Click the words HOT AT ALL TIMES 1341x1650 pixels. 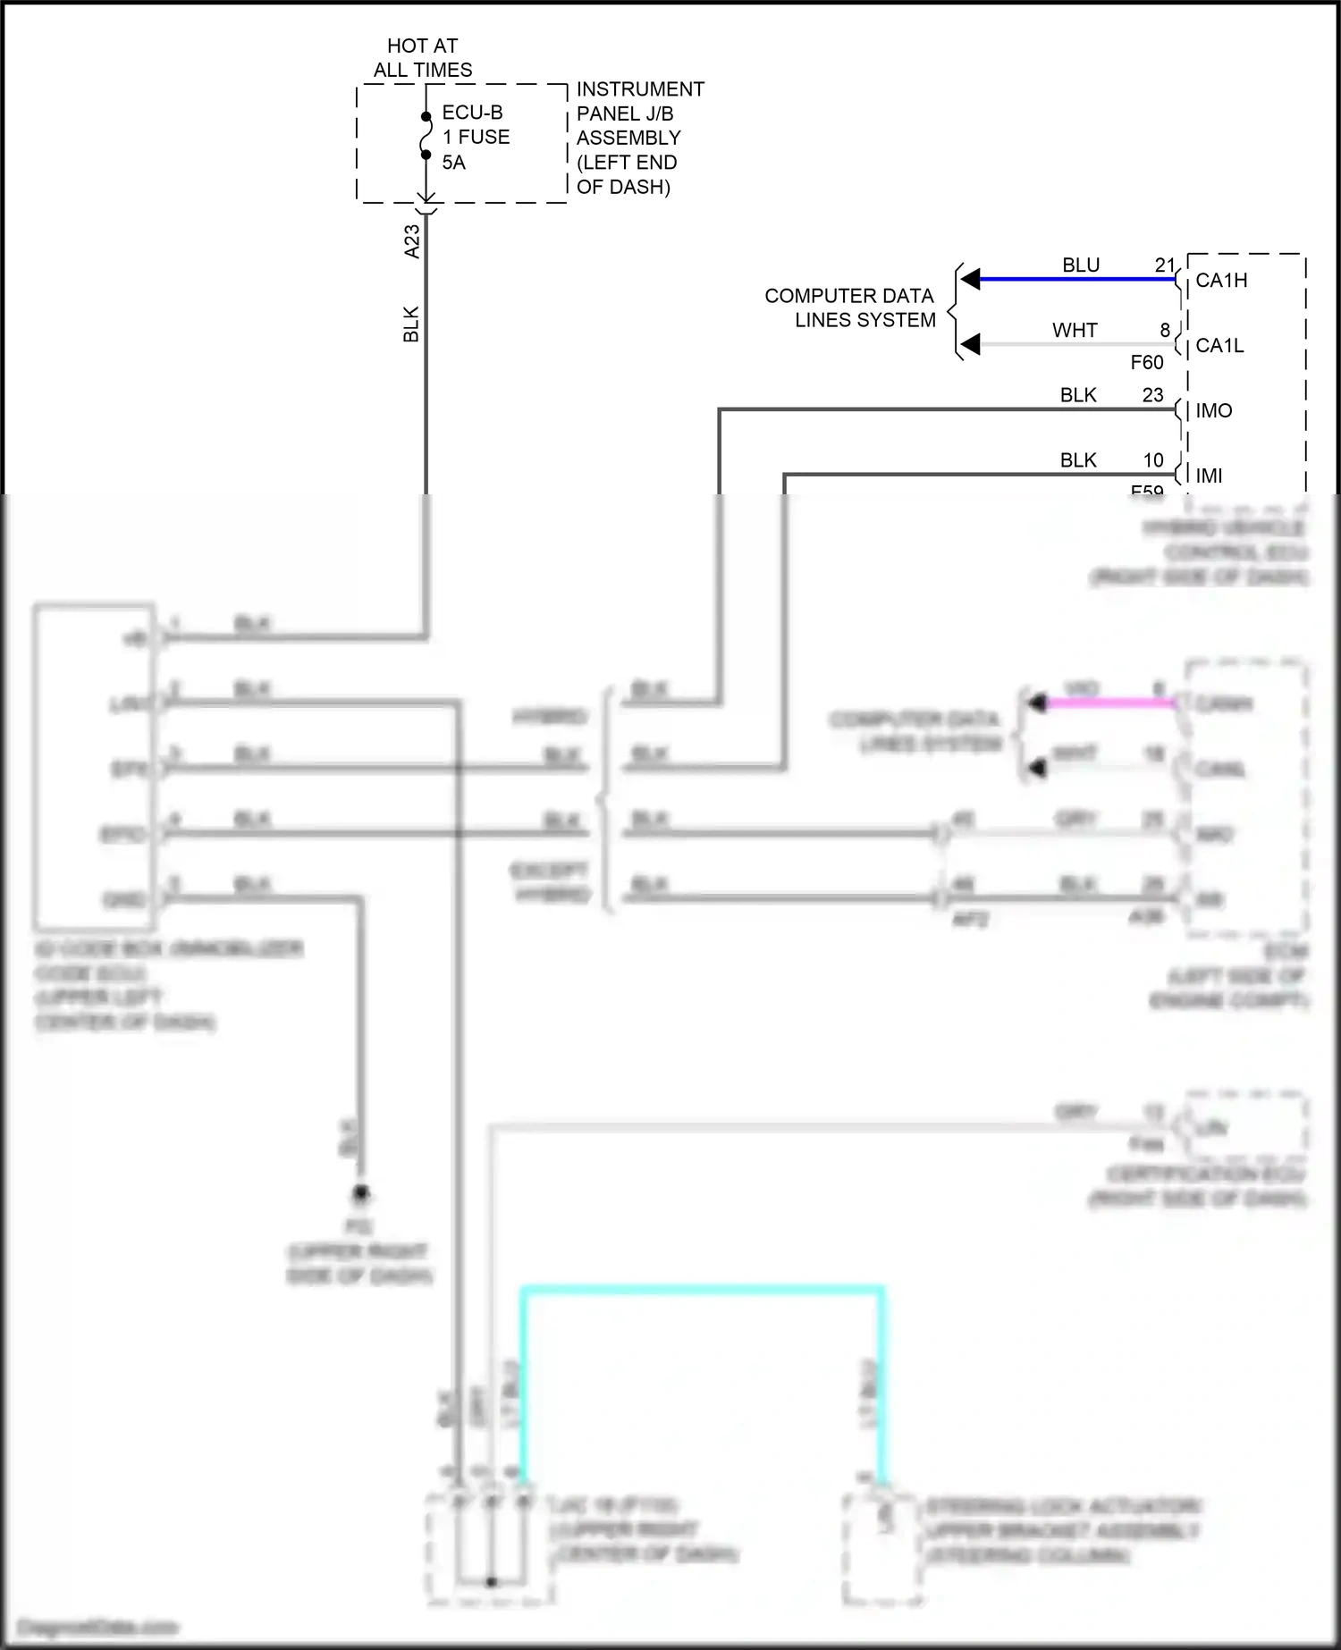pos(422,57)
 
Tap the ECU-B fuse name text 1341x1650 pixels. pos(472,113)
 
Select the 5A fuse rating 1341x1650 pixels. pos(453,163)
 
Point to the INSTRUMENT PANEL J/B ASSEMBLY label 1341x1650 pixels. pos(639,138)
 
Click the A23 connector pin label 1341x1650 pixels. pos(412,241)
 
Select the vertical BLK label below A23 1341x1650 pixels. pos(411,324)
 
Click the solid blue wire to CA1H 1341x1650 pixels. pos(1073,280)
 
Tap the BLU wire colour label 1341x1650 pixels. pos(1080,265)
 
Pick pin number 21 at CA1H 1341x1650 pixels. pos(1164,265)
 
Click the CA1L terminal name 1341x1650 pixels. pos(1219,346)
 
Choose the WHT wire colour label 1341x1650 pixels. pos(1075,331)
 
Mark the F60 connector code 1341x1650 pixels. pos(1146,362)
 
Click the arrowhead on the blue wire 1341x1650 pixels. pos(971,280)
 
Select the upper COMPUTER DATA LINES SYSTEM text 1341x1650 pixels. pos(849,307)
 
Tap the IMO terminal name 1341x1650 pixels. pos(1213,411)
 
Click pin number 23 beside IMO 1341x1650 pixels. pos(1152,395)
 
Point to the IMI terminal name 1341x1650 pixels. pos(1209,476)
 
